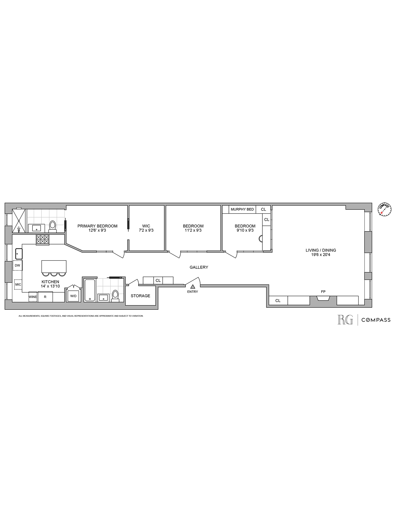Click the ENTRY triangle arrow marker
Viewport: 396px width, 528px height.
point(193,286)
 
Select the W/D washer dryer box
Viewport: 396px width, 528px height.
point(73,296)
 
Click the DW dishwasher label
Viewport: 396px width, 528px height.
point(17,265)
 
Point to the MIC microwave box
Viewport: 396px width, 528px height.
point(18,284)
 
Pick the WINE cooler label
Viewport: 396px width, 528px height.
point(33,297)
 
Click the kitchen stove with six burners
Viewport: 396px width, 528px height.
point(43,239)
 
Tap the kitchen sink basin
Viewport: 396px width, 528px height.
point(18,254)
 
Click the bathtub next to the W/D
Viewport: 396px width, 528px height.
point(90,290)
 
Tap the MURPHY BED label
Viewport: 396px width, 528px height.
point(242,209)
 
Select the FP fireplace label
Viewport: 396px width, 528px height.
point(323,292)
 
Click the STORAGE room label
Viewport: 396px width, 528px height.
point(140,296)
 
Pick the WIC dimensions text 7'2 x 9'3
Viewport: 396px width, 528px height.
point(146,230)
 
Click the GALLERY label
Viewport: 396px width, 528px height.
point(199,267)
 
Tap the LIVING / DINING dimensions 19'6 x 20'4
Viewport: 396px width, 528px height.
point(321,254)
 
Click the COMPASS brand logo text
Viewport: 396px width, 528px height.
point(376,320)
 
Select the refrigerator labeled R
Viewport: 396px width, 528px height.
point(45,297)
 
